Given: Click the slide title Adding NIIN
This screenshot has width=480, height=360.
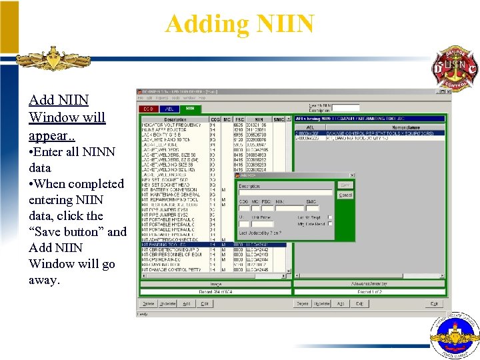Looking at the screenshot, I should click(239, 24).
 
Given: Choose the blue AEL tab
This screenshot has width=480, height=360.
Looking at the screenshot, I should click(169, 108).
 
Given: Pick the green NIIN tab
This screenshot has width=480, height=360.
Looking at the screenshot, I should click(190, 108).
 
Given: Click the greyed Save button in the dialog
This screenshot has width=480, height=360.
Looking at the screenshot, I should click(345, 185).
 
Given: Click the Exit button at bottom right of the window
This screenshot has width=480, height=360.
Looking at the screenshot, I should click(435, 303).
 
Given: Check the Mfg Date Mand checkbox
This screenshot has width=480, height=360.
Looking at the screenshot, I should click(329, 224).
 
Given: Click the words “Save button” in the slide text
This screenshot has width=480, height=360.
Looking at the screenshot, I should click(67, 231).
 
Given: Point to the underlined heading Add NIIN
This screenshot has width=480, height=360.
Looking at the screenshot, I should click(59, 100).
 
